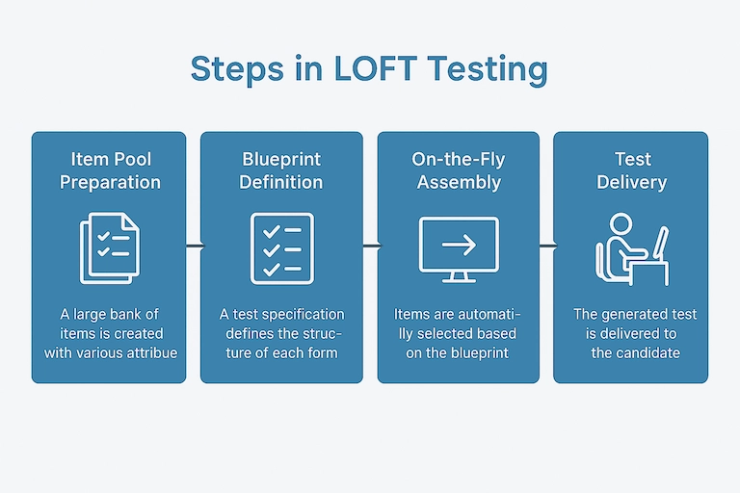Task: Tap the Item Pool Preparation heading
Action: point(109,170)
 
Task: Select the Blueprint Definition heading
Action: point(281,170)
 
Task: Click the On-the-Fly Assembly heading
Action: point(458,170)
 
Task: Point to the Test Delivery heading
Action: point(632,170)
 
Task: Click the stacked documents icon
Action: point(109,248)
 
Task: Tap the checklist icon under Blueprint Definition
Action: point(281,247)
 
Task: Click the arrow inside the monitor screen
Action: point(458,245)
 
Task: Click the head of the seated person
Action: point(621,224)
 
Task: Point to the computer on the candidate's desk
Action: point(660,241)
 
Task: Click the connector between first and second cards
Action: point(193,247)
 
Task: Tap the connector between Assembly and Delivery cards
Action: point(545,247)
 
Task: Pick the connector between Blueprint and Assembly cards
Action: point(370,247)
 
